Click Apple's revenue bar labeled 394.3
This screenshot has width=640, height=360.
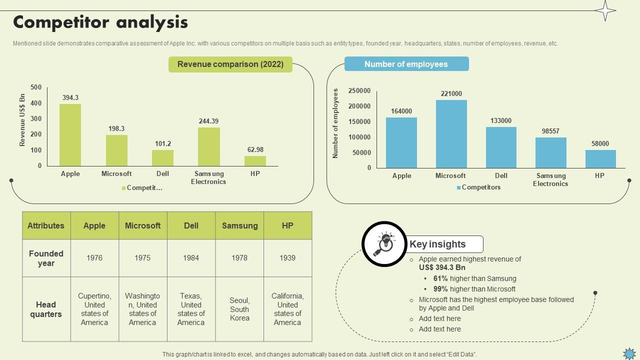pyautogui.click(x=70, y=135)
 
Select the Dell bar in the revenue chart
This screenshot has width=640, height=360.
pyautogui.click(x=162, y=158)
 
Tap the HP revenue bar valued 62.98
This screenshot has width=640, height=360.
pyautogui.click(x=255, y=161)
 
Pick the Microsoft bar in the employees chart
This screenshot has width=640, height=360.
pyautogui.click(x=451, y=134)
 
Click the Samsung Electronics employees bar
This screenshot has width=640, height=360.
pyautogui.click(x=550, y=153)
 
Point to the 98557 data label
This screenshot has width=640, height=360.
pyautogui.click(x=550, y=131)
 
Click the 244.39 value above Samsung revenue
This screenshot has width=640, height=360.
pyautogui.click(x=208, y=121)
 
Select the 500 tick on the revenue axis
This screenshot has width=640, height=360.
pyautogui.click(x=36, y=87)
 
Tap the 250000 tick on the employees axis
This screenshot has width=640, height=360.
pyautogui.click(x=359, y=90)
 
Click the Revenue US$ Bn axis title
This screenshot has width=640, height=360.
pyautogui.click(x=22, y=120)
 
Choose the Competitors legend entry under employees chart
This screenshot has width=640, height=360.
pyautogui.click(x=480, y=187)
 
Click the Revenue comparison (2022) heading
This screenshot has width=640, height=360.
pyautogui.click(x=230, y=64)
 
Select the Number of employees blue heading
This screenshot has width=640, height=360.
pyautogui.click(x=406, y=64)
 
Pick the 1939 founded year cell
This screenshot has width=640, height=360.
pyautogui.click(x=287, y=258)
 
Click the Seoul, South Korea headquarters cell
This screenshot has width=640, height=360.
pyautogui.click(x=239, y=309)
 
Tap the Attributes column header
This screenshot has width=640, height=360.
pyautogui.click(x=46, y=225)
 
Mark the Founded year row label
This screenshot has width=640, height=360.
pyautogui.click(x=46, y=258)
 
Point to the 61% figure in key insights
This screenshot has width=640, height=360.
pyautogui.click(x=440, y=278)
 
